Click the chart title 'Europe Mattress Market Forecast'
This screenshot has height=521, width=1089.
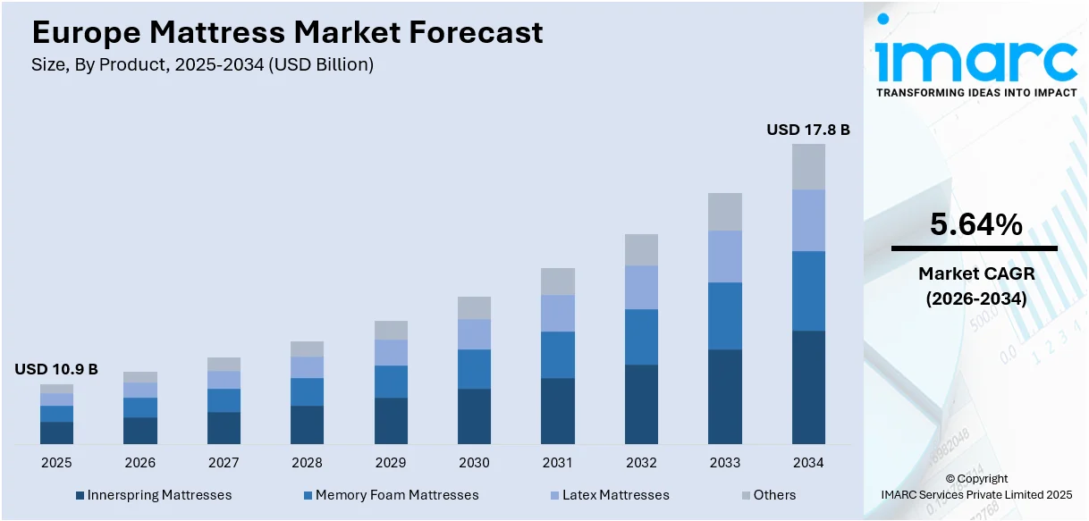(287, 32)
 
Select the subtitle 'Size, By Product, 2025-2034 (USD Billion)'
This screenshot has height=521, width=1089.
(203, 64)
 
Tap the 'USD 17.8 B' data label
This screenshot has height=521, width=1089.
(807, 130)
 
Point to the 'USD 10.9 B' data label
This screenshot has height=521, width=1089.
(56, 369)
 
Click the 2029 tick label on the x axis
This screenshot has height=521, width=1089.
(390, 463)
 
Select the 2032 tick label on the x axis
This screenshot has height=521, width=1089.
(641, 463)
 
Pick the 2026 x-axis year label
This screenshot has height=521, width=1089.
(139, 463)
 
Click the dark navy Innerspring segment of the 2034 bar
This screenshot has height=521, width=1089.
(808, 387)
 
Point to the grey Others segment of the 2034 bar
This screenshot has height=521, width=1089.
(808, 166)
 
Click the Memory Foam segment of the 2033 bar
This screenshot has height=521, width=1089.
(725, 315)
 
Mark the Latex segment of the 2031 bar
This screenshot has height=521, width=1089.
(558, 313)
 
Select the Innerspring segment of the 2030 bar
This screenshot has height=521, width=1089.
(474, 416)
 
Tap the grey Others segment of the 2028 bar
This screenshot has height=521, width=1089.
(307, 349)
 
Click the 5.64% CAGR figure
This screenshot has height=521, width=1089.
(975, 225)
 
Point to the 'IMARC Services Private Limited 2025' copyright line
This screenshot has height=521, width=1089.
(975, 494)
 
